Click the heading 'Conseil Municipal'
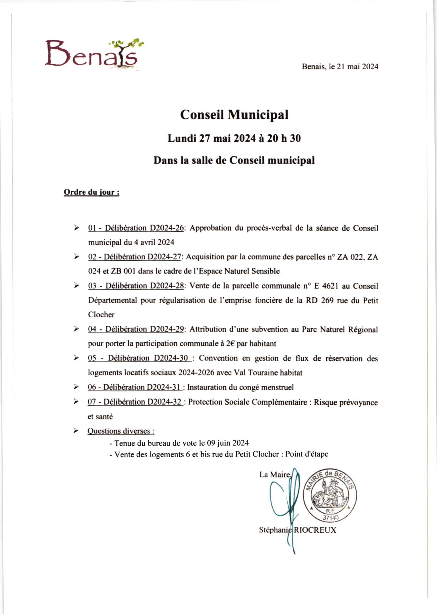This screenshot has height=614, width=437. click(x=234, y=115)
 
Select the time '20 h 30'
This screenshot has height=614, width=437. click(x=284, y=139)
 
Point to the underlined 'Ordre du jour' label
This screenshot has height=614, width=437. click(x=91, y=192)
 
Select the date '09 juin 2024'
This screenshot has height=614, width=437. click(x=228, y=443)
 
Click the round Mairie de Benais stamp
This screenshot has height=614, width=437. click(x=330, y=495)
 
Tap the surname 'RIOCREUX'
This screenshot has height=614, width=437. click(x=315, y=530)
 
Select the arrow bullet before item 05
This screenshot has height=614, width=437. click(x=77, y=358)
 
